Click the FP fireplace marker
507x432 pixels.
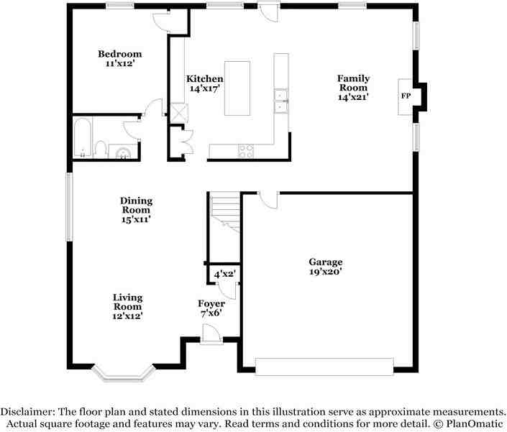406,96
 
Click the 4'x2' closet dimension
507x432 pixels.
224,274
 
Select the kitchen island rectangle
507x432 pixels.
237,88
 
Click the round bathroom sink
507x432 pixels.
124,151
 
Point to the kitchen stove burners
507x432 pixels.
246,151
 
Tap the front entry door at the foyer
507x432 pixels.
211,334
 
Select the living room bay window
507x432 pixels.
124,372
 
